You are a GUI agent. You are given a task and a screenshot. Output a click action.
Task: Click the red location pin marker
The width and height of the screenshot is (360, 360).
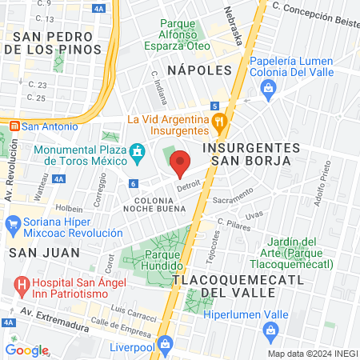click(x=180, y=162)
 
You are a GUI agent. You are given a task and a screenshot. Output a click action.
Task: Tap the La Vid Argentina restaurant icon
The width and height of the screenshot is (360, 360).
click(x=222, y=121)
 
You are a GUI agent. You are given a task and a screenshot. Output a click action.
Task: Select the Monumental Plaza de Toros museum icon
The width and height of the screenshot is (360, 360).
click(x=138, y=151)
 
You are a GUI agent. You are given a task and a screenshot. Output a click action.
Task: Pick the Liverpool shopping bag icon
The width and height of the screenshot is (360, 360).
click(x=165, y=345)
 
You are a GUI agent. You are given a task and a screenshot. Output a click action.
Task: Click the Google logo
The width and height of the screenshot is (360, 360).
click(x=27, y=350)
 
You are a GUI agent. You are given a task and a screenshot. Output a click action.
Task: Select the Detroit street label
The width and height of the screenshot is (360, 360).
click(x=189, y=184)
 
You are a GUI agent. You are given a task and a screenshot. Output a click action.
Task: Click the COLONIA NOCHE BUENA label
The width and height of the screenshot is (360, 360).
click(x=154, y=203)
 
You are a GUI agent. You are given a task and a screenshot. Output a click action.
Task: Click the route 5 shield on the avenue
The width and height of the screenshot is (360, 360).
click(x=215, y=105)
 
